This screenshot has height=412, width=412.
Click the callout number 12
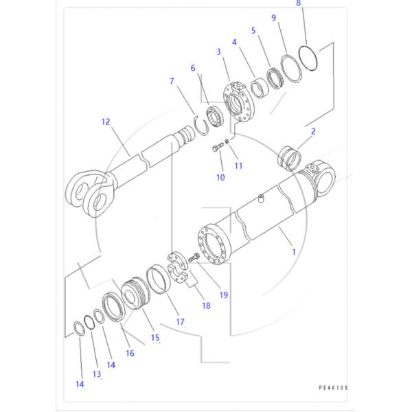(x=105, y=122)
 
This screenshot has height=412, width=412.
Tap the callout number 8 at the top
(x=299, y=3)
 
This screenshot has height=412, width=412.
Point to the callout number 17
(x=181, y=321)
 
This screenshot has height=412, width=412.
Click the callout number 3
(x=218, y=51)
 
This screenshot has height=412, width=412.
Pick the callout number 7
(x=172, y=82)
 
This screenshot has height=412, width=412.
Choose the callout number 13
(x=97, y=374)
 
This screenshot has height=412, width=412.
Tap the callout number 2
(x=312, y=130)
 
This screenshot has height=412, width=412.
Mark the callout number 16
(x=130, y=353)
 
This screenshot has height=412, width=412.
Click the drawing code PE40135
(x=334, y=388)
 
